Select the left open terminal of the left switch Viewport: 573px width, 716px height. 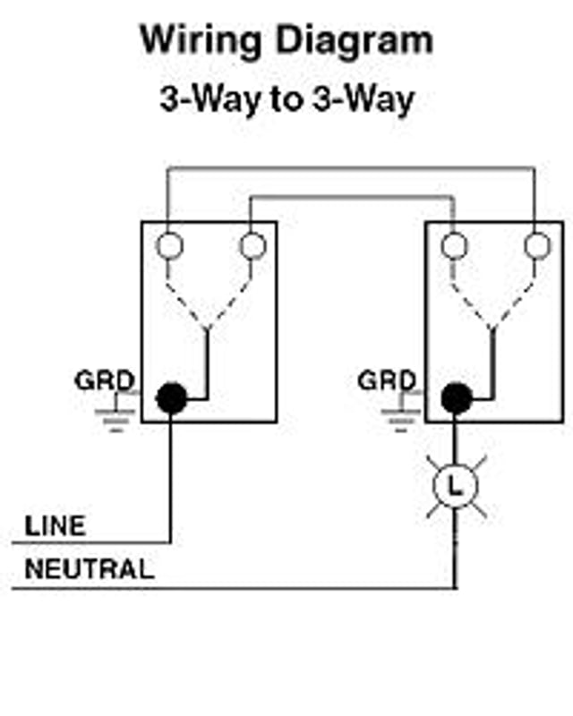pyautogui.click(x=169, y=245)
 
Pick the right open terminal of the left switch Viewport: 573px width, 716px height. pyautogui.click(x=252, y=245)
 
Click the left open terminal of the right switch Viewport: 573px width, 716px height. pyautogui.click(x=454, y=245)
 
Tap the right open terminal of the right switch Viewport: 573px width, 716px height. pyautogui.click(x=536, y=245)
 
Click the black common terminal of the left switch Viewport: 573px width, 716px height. pyautogui.click(x=170, y=397)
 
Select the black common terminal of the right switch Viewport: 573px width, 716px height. pyautogui.click(x=456, y=397)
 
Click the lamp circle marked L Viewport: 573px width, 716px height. pyautogui.click(x=456, y=486)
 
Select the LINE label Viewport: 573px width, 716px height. pyautogui.click(x=56, y=525)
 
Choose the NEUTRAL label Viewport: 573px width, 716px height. pyautogui.click(x=89, y=569)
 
